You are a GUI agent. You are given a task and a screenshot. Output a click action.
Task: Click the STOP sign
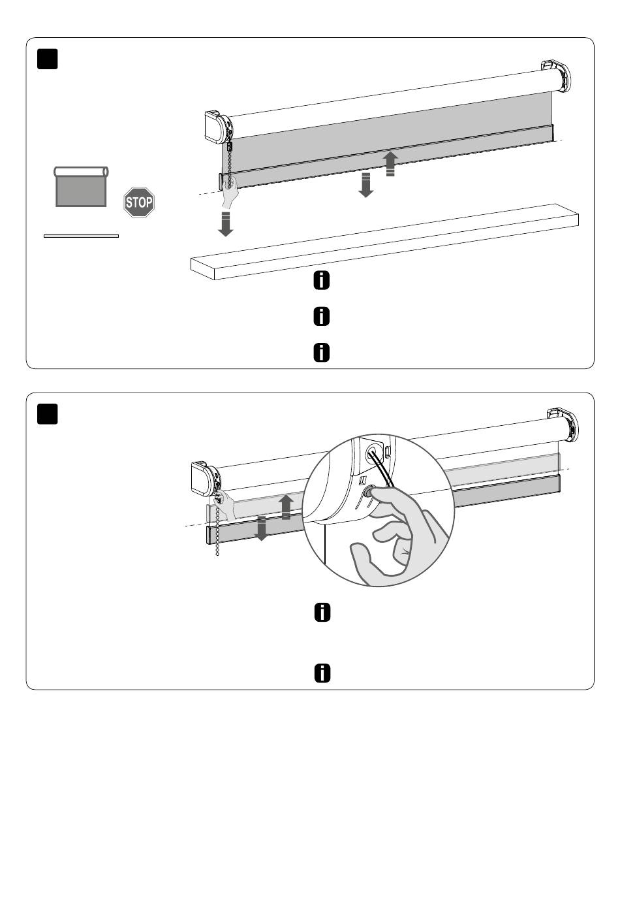point(139,202)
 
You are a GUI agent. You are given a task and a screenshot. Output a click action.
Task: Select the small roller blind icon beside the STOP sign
point(81,187)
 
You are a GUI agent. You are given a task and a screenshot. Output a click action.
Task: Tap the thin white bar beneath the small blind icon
point(81,236)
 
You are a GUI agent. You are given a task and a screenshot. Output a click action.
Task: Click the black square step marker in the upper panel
point(48,59)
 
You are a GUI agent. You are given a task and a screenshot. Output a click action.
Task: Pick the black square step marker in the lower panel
point(48,414)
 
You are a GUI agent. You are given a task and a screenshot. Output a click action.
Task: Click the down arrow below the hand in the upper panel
point(225,224)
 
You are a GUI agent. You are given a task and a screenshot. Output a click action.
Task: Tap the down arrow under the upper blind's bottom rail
point(365,185)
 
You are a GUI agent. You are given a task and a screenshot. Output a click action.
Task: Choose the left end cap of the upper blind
point(219,127)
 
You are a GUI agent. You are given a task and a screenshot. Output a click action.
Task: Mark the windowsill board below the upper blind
point(384,242)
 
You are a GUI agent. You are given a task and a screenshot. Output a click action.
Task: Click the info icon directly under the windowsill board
point(322,281)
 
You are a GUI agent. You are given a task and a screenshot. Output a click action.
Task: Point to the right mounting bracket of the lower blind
point(564,424)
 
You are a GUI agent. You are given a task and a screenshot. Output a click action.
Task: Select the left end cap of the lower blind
point(206,478)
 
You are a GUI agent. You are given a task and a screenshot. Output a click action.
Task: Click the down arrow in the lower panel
point(261,528)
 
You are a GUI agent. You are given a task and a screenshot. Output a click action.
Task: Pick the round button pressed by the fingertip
point(369,491)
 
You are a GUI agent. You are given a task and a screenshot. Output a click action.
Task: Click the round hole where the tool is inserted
point(372,454)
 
